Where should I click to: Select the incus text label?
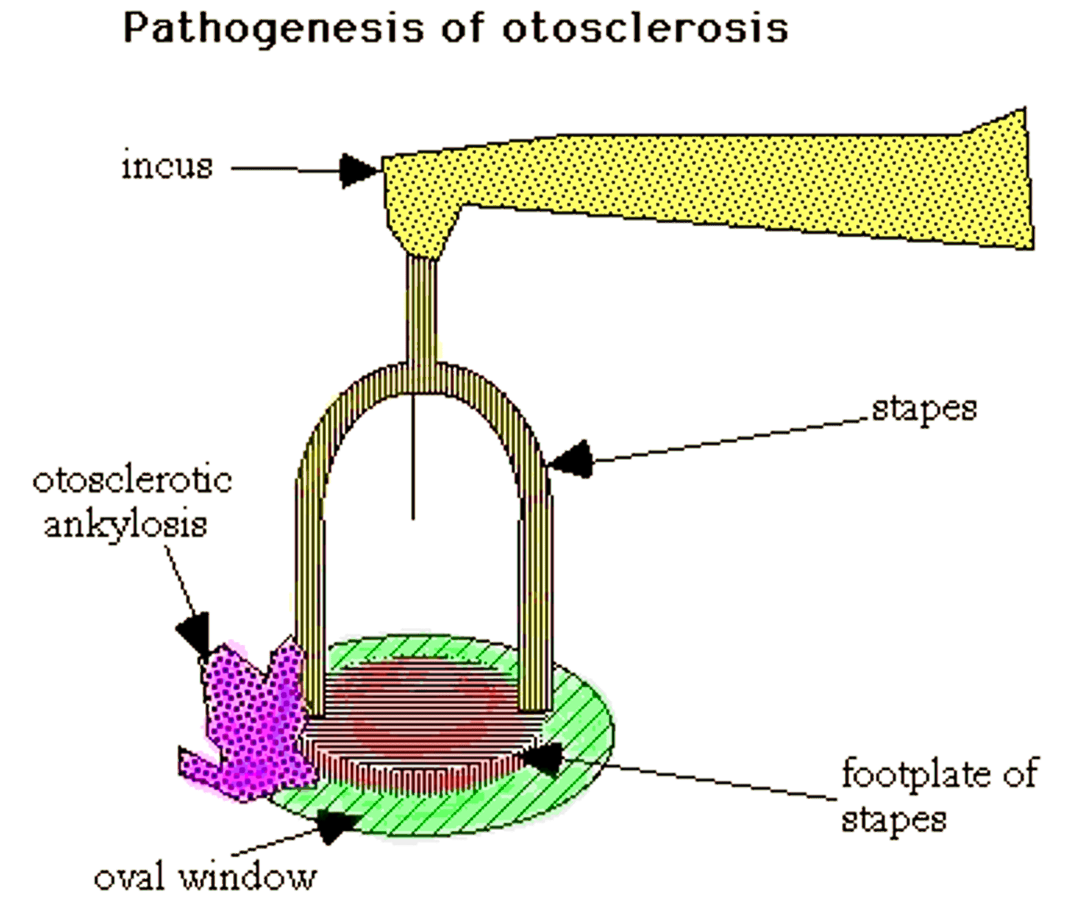coord(167,166)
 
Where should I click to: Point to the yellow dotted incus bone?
coord(666,183)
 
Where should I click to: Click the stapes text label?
coord(924,409)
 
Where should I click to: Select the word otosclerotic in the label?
coord(133,480)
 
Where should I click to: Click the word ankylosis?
coord(126,525)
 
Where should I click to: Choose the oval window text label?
coord(205,877)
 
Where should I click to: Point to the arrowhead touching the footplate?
coord(544,759)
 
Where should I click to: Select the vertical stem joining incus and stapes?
coord(422,311)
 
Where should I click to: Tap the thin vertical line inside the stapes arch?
coord(413,460)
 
